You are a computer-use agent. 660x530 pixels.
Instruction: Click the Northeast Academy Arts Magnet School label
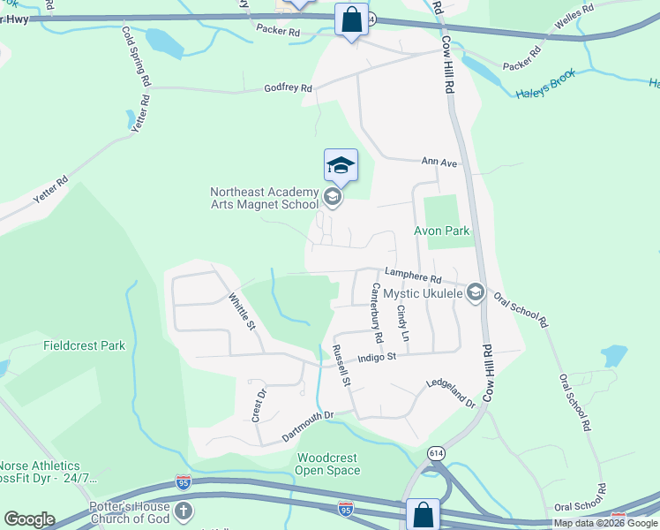pyautogui.click(x=264, y=198)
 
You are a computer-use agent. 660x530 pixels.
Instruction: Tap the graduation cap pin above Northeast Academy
pyautogui.click(x=341, y=165)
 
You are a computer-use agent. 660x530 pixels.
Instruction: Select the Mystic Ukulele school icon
pyautogui.click(x=476, y=291)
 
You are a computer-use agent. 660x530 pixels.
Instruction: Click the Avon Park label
pyautogui.click(x=442, y=231)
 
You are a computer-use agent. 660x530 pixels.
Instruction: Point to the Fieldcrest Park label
pyautogui.click(x=84, y=345)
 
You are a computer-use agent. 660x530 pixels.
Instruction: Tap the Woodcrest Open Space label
pyautogui.click(x=328, y=464)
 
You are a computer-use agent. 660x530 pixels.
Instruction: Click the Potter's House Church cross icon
pyautogui.click(x=183, y=511)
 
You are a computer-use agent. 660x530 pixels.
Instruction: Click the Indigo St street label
pyautogui.click(x=379, y=358)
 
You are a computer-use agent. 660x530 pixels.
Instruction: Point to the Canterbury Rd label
pyautogui.click(x=377, y=313)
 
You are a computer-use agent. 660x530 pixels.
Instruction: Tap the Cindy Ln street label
pyautogui.click(x=402, y=324)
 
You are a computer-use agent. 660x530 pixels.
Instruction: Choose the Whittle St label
pyautogui.click(x=241, y=313)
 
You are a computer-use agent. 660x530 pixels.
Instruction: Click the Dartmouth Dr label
pyautogui.click(x=309, y=426)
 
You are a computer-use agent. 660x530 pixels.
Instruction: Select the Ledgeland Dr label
pyautogui.click(x=451, y=392)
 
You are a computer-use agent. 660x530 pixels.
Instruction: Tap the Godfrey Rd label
pyautogui.click(x=289, y=88)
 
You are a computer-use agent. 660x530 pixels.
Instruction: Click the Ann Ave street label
pyautogui.click(x=439, y=163)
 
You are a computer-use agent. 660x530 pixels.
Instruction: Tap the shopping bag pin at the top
pyautogui.click(x=351, y=20)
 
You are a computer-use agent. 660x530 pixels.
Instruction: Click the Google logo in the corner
pyautogui.click(x=29, y=519)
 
